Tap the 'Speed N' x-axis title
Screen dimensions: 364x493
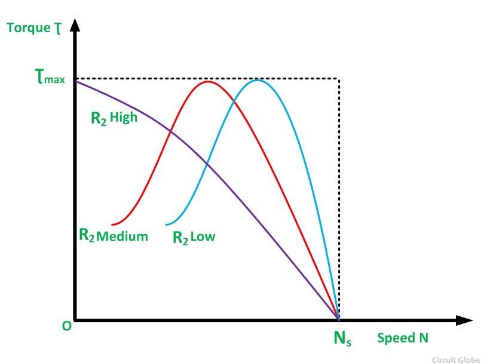click(x=402, y=338)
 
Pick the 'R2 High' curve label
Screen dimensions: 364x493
click(x=114, y=118)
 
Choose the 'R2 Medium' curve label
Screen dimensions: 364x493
click(x=113, y=236)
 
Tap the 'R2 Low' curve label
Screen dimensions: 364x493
click(x=194, y=237)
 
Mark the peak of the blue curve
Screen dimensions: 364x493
click(x=258, y=79)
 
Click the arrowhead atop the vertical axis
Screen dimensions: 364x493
click(x=75, y=26)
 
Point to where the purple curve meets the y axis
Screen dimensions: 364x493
click(x=76, y=81)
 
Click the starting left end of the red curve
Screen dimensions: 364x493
click(x=112, y=224)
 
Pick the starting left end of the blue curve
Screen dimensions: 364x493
click(x=166, y=224)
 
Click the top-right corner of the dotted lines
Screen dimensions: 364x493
click(x=339, y=79)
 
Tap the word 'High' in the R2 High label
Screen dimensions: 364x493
click(x=124, y=117)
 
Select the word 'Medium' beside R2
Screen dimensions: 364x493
click(x=122, y=236)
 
